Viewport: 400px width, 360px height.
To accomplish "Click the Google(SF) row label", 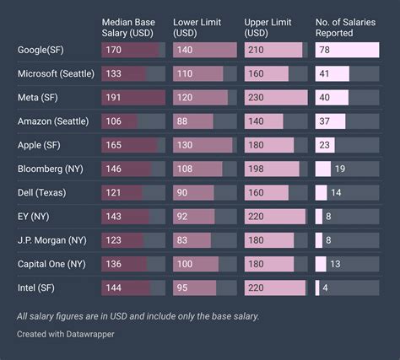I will pos(41,50).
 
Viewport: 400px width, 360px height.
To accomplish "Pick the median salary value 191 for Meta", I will pos(113,98).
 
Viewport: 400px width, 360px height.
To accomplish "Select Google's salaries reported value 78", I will pos(326,50).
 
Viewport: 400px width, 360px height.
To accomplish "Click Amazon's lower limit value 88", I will pos(182,121).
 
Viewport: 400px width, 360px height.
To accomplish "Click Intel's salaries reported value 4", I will pos(326,288).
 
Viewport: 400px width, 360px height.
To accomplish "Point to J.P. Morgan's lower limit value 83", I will pos(182,240).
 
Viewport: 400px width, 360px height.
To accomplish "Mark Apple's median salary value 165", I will pos(113,145).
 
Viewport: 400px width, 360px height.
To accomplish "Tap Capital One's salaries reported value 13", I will pos(335,264).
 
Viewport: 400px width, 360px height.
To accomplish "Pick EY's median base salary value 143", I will pos(113,217).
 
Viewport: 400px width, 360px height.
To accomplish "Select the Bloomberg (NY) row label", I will pos(49,169).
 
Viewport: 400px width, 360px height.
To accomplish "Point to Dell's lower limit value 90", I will pos(182,193).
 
